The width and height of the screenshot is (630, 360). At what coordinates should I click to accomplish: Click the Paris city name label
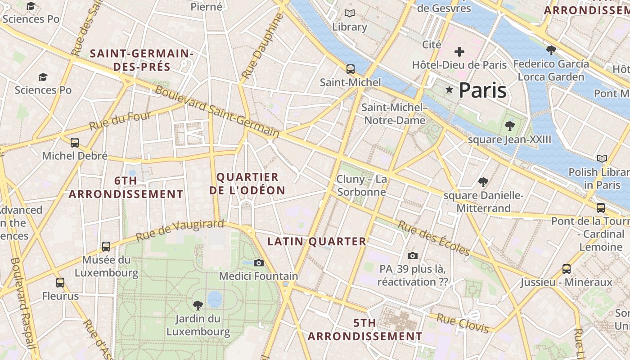[x=482, y=90]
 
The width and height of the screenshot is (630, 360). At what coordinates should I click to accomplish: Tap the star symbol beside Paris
[x=449, y=90]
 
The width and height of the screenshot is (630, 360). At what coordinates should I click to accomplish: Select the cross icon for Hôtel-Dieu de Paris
[x=459, y=52]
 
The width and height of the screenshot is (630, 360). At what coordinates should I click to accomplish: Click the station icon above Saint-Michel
[x=350, y=69]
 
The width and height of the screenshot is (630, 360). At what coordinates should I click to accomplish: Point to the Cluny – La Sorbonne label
[x=362, y=185]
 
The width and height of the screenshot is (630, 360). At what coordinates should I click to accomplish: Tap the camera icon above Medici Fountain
[x=258, y=263]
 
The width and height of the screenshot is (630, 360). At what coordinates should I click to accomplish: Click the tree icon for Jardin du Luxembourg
[x=198, y=306]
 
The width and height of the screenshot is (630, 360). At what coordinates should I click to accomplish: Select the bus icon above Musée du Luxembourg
[x=106, y=246]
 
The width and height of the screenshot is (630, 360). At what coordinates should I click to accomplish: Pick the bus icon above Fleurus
[x=60, y=283]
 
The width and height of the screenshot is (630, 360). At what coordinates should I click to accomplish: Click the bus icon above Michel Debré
[x=75, y=143]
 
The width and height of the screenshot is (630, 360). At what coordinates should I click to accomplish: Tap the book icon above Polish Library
[x=602, y=158]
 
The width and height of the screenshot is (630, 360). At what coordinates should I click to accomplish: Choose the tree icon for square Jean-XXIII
[x=509, y=126]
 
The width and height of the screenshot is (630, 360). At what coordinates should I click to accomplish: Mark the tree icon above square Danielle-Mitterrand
[x=483, y=182]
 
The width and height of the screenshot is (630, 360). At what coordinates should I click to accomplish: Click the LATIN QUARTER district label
[x=317, y=242]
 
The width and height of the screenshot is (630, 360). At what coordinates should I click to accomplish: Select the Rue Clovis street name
[x=463, y=324]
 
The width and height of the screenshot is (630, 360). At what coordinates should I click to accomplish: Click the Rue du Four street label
[x=120, y=121]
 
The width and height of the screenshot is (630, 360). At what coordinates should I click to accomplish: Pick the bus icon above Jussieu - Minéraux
[x=567, y=269]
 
